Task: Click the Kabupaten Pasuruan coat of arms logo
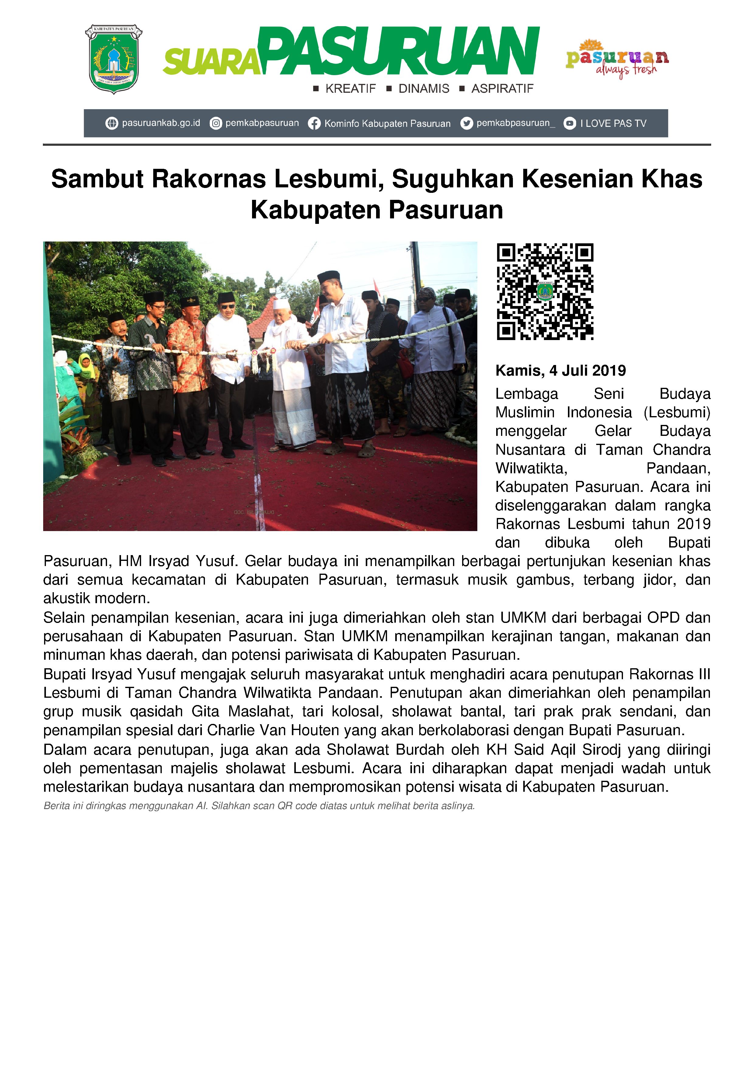[x=113, y=59]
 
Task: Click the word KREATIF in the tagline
[x=350, y=89]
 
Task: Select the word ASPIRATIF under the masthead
[x=502, y=89]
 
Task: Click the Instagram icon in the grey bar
[x=216, y=123]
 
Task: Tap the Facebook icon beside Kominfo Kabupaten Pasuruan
[x=314, y=123]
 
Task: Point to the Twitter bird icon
[x=466, y=123]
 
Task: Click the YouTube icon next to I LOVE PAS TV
[x=569, y=123]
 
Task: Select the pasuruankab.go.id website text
[x=161, y=123]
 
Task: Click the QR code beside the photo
[x=545, y=291]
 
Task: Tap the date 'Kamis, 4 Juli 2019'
[x=560, y=370]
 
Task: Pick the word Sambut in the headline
[x=97, y=179]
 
